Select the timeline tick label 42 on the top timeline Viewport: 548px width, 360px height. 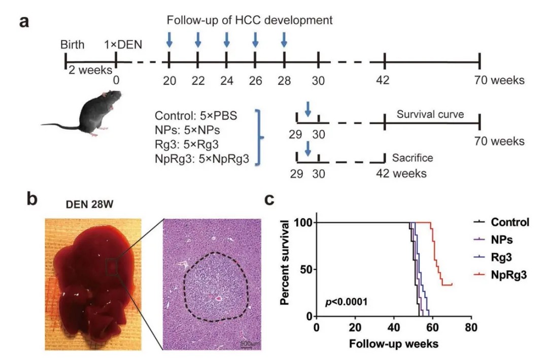[x=385, y=80]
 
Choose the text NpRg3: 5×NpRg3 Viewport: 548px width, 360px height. [x=202, y=160]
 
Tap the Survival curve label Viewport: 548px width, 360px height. [x=430, y=115]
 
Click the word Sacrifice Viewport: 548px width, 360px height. [x=413, y=158]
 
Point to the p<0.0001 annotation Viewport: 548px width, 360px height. [x=347, y=303]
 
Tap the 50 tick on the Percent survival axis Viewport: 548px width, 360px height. [x=302, y=270]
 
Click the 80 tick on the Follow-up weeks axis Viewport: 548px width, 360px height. [x=471, y=328]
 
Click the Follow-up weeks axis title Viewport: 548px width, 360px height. [x=393, y=344]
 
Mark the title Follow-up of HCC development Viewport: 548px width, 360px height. [x=250, y=21]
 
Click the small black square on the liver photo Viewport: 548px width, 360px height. [x=112, y=266]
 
